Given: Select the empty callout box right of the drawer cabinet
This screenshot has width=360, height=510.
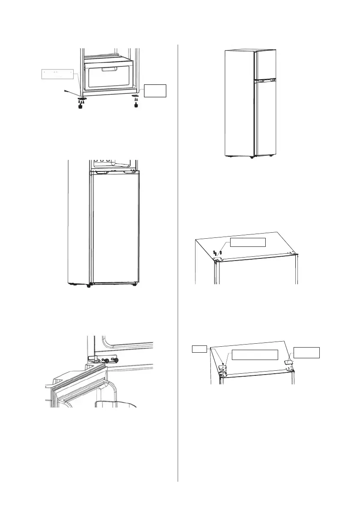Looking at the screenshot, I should pos(155,91).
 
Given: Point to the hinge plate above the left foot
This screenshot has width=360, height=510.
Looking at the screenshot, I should pos(81,98).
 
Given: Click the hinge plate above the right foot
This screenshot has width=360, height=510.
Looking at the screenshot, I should pos(136,96).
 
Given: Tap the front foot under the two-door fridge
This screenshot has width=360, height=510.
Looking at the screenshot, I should pos(252,157).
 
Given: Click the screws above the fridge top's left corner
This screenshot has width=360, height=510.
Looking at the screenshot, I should pos(218,252).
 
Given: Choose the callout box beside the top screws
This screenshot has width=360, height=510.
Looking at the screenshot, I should pos(248,242).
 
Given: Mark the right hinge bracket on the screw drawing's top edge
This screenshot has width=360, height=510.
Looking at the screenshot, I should pos(291,254).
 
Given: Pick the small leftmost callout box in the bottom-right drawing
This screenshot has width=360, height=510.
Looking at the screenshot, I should pos(200,349).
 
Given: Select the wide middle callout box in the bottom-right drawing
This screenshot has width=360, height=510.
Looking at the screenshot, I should pos(255,354).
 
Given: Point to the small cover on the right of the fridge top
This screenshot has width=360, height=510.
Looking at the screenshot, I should pos(289,362).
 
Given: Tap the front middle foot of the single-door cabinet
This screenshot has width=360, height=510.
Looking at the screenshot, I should pos(89,286).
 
